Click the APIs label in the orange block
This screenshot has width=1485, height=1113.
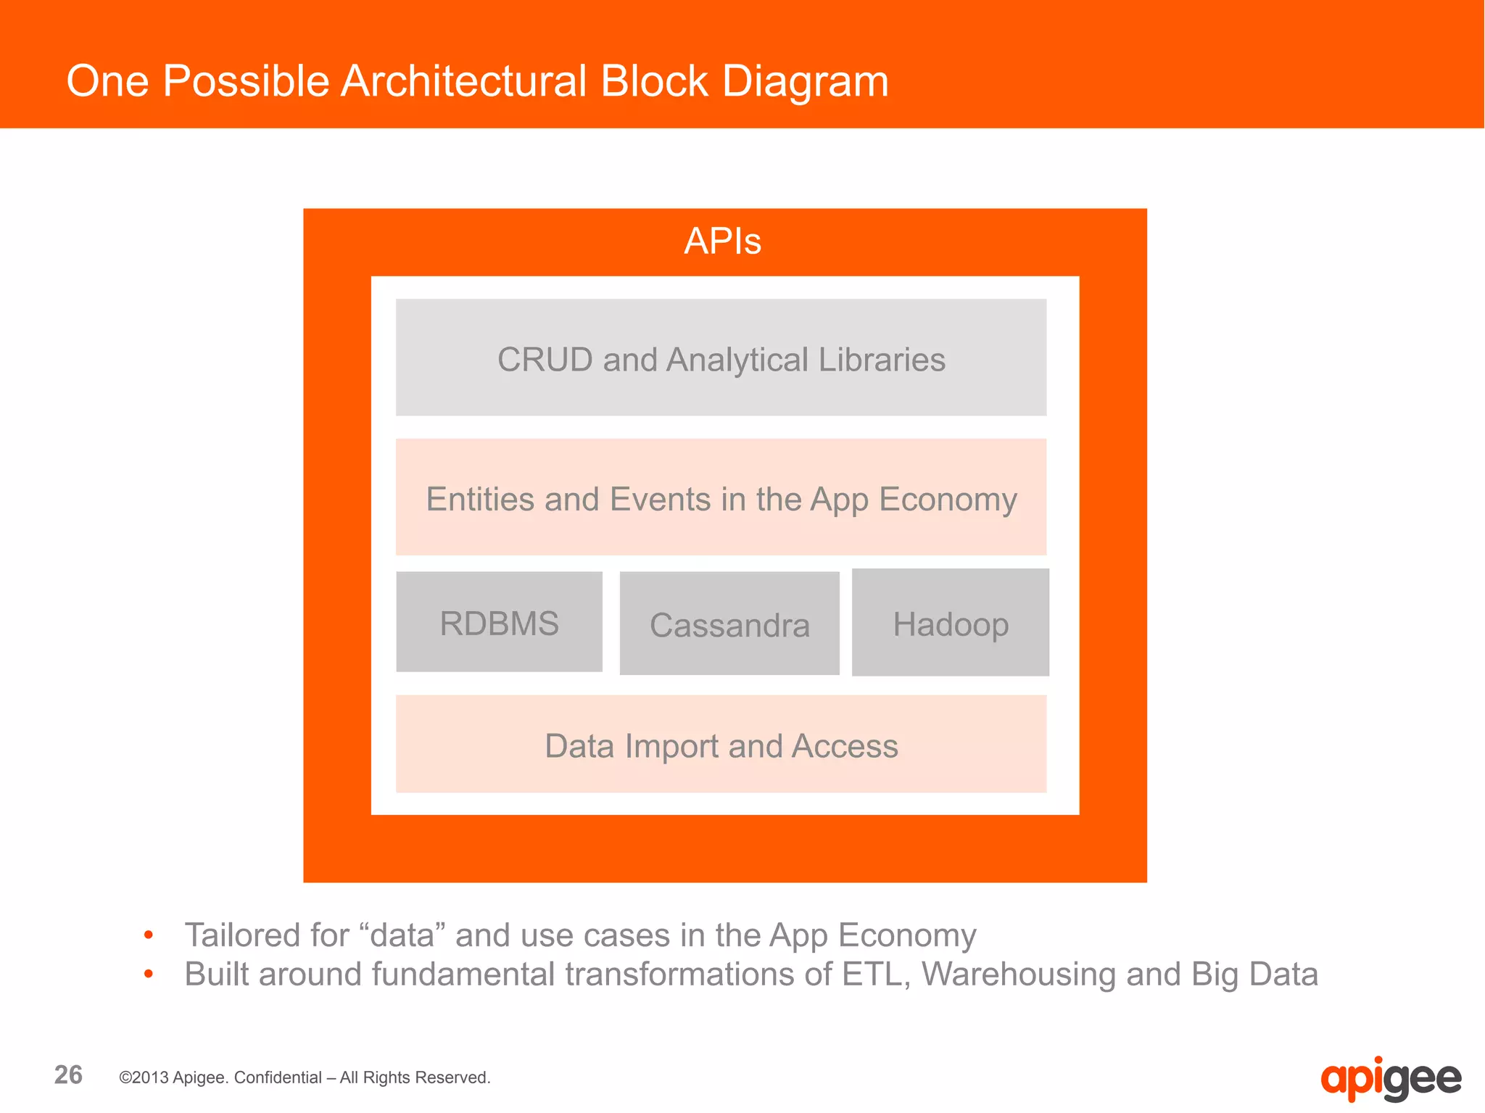[722, 241]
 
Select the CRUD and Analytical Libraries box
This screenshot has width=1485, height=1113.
[721, 357]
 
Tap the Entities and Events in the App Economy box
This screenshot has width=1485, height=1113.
[721, 498]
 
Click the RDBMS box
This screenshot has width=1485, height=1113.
[499, 623]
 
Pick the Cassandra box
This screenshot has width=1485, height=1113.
[729, 624]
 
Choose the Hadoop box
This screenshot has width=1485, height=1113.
[950, 624]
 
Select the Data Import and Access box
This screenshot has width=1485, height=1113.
[721, 745]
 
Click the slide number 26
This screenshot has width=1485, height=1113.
[69, 1075]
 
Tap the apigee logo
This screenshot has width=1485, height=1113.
[1390, 1079]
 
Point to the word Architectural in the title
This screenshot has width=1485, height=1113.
[464, 80]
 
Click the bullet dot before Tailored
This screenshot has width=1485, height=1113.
[149, 935]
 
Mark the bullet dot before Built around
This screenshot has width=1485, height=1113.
[149, 975]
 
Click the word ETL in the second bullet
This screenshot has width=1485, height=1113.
[875, 975]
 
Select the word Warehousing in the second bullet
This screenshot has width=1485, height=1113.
[1018, 975]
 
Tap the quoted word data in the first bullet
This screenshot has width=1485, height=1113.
[402, 935]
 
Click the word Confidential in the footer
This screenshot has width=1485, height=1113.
[278, 1077]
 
